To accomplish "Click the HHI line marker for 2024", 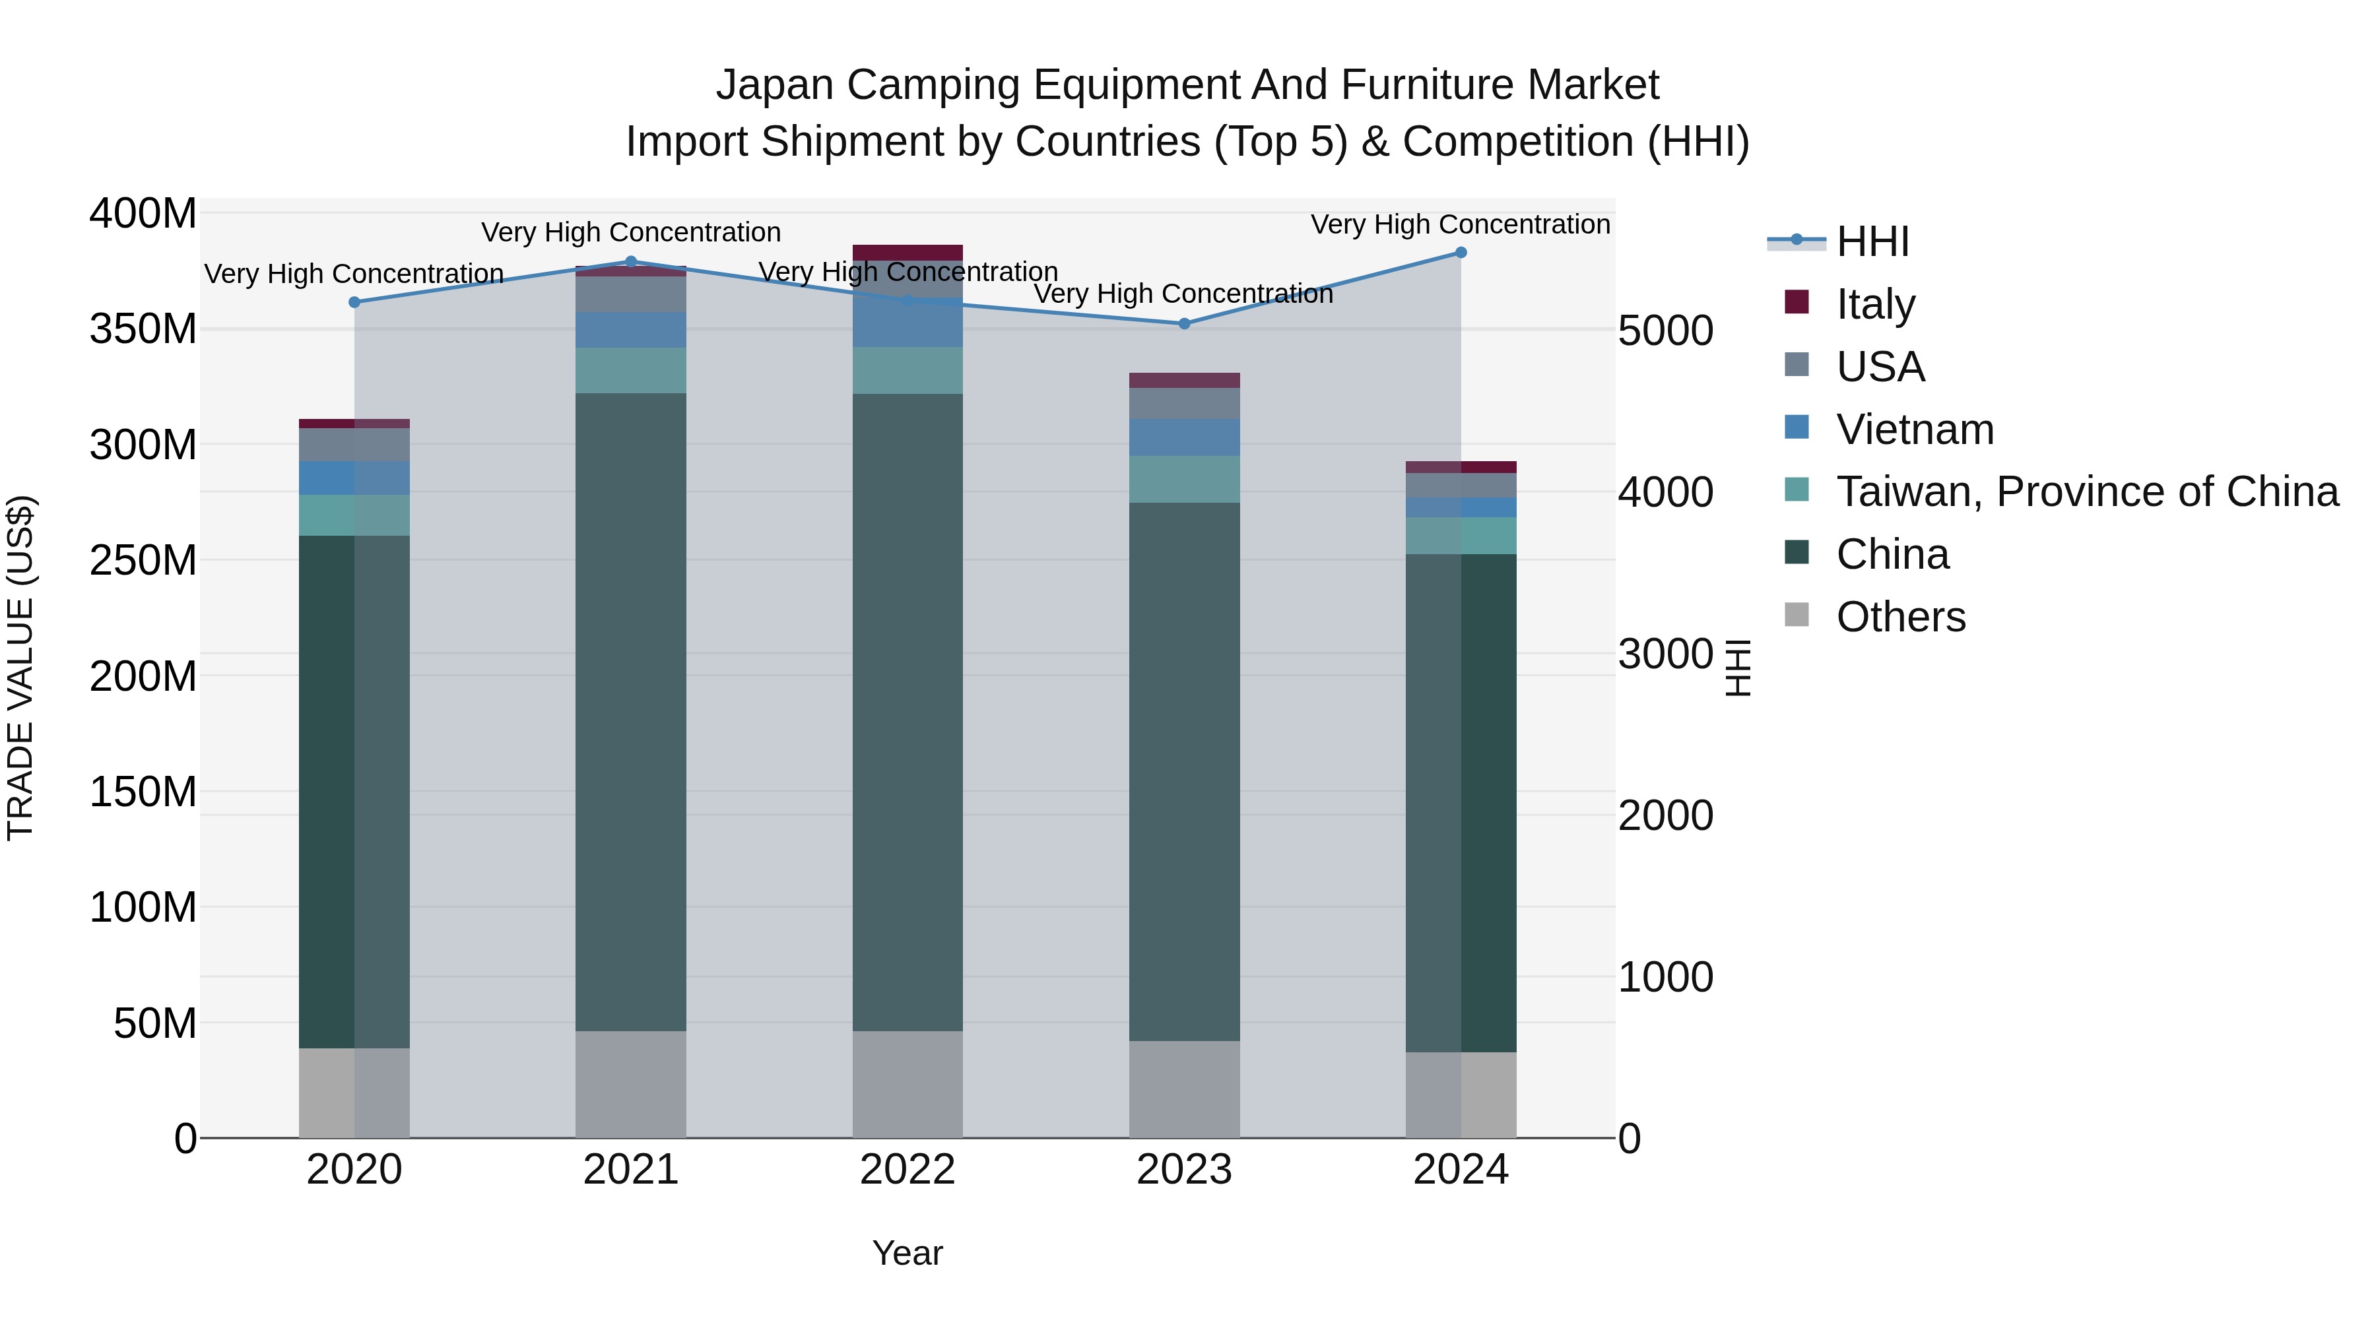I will coord(1461,253).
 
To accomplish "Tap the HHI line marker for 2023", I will coord(1184,324).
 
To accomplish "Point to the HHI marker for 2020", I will coord(354,302).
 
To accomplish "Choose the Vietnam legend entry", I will coord(1914,429).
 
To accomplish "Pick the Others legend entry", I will coord(1900,617).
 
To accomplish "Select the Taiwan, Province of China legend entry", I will coord(2086,492).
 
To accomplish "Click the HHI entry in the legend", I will coord(1872,241).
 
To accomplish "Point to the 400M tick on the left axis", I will coord(143,214).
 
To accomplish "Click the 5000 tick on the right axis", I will coord(1666,331).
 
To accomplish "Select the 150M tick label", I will coord(143,792).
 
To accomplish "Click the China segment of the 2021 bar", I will coord(631,710).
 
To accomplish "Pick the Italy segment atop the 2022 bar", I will coord(907,253).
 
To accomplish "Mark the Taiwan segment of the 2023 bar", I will coord(1184,480).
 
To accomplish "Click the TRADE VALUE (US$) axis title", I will coord(21,668).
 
